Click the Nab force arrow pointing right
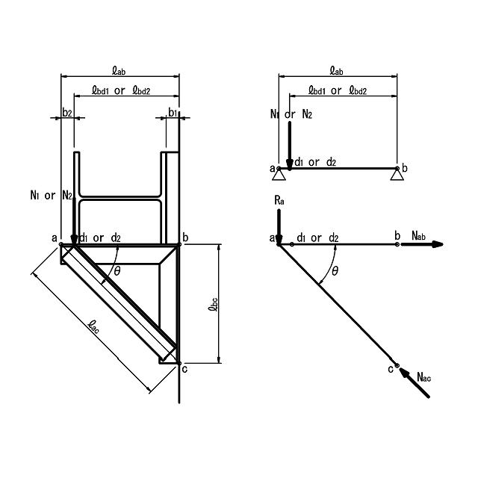[x=422, y=244]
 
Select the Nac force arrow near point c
[x=415, y=382]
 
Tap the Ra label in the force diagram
[x=279, y=200]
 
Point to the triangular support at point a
[x=279, y=174]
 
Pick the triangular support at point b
[x=397, y=174]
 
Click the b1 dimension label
[x=173, y=113]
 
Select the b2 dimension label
[x=67, y=113]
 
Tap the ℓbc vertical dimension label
[x=213, y=304]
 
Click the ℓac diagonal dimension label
[x=93, y=326]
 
